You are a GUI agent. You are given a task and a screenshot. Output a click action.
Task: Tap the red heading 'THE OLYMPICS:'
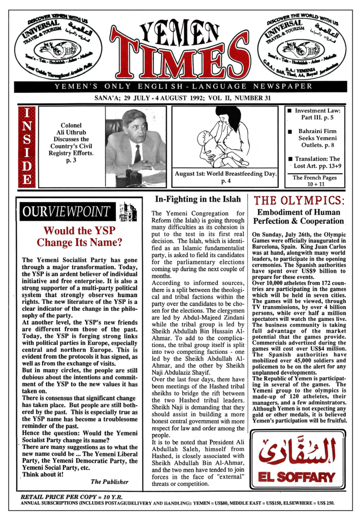coord(299,201)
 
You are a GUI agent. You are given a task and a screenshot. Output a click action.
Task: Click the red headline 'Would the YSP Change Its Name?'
coord(80,237)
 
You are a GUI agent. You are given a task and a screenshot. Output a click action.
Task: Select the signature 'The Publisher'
coord(109,481)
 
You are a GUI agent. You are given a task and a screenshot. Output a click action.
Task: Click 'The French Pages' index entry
coord(312,181)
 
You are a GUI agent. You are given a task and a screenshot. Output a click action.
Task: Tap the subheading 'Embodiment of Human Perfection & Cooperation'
coord(299,217)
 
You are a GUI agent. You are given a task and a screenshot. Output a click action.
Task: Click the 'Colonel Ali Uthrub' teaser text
coord(75,139)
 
